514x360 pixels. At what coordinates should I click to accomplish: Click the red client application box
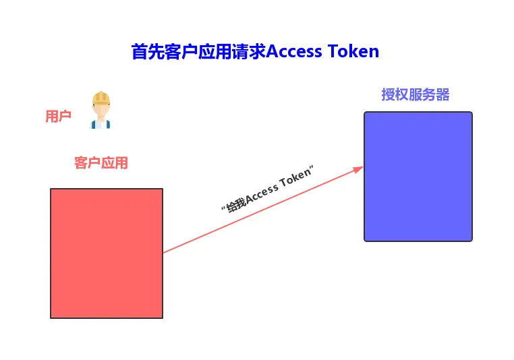tap(107, 253)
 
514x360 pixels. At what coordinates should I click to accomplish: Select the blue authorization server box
tap(418, 176)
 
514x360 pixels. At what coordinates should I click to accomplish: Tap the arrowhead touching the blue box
tap(359, 169)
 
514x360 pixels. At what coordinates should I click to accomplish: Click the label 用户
tap(58, 116)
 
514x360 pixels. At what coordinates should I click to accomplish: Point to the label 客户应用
tap(101, 162)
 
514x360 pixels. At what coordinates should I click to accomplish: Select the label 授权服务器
tap(415, 94)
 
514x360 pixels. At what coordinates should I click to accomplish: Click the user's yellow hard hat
tap(101, 96)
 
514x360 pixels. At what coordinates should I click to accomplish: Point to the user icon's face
tap(101, 109)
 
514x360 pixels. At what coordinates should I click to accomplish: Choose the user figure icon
tap(101, 110)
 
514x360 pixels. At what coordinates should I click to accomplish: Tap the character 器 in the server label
tap(442, 94)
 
